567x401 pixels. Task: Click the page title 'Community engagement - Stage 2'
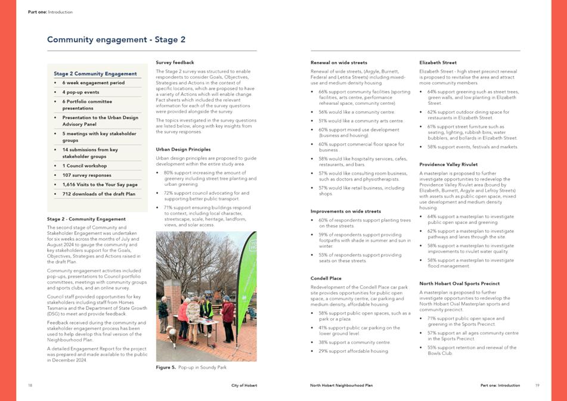coord(116,40)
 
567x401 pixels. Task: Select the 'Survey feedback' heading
coord(175,62)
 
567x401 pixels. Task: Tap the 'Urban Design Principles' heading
coord(183,149)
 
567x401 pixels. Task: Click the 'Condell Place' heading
coord(326,278)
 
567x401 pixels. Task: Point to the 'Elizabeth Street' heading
coord(438,62)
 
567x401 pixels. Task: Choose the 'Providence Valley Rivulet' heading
coord(448,164)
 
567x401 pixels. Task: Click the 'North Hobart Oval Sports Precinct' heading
coord(459,284)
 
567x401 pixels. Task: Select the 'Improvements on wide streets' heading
coord(346,211)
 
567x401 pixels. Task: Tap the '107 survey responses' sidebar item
coord(86,175)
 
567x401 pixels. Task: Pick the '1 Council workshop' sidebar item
coord(85,166)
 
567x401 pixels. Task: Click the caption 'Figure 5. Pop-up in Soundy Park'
coord(191,368)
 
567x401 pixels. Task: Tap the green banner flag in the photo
coord(246,280)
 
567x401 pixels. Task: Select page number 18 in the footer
coord(30,386)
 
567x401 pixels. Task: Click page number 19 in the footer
coord(537,386)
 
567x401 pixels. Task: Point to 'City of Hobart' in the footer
coord(244,386)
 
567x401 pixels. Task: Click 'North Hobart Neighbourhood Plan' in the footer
coord(342,386)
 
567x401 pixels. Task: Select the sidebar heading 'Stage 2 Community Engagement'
coord(95,74)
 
